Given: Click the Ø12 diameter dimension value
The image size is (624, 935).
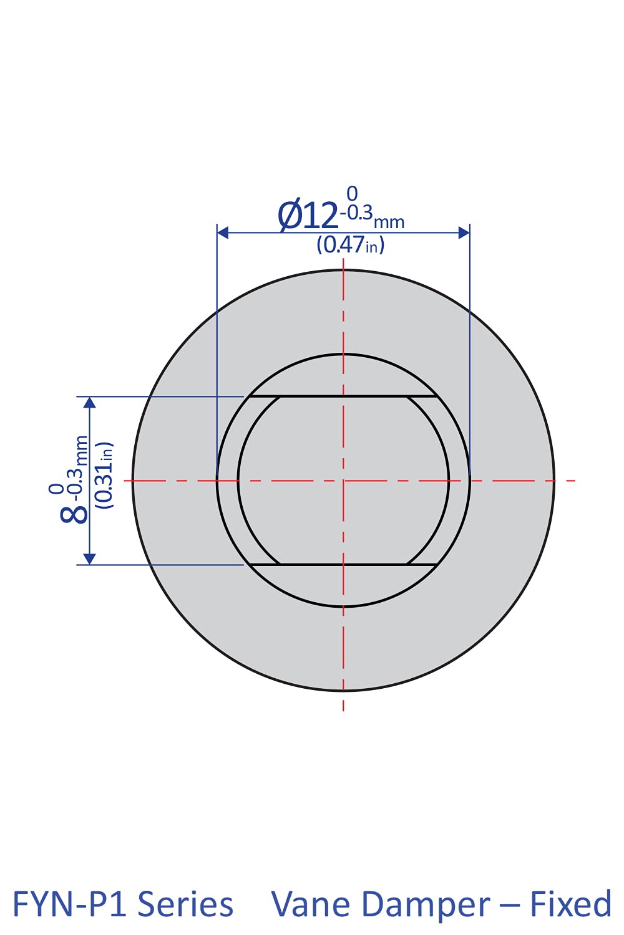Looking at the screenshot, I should pyautogui.click(x=309, y=216).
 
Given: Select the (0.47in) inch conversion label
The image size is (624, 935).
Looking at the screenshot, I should pyautogui.click(x=350, y=244).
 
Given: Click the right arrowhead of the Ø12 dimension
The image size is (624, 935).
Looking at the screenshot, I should pyautogui.click(x=464, y=233).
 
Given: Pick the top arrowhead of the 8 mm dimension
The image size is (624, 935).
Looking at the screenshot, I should pyautogui.click(x=90, y=402).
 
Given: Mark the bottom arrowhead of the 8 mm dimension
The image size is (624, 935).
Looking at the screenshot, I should pyautogui.click(x=90, y=559).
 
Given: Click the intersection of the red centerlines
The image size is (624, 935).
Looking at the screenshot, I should pyautogui.click(x=343, y=481).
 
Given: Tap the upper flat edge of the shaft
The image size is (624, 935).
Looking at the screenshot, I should pyautogui.click(x=343, y=396).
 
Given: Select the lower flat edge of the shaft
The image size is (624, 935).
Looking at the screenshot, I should pyautogui.click(x=343, y=565).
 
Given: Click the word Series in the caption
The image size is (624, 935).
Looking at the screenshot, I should pyautogui.click(x=185, y=904).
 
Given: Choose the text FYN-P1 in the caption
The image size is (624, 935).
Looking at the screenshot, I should pyautogui.click(x=70, y=904).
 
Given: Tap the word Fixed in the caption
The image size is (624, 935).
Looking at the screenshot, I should pyautogui.click(x=570, y=904).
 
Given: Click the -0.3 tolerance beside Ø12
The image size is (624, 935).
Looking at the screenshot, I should pyautogui.click(x=356, y=213).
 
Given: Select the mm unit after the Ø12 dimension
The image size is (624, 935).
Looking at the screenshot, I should pyautogui.click(x=389, y=222).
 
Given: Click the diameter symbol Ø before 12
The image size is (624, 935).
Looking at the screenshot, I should pyautogui.click(x=290, y=216).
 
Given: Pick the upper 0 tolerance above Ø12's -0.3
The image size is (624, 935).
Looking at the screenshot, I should pyautogui.click(x=353, y=194).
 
